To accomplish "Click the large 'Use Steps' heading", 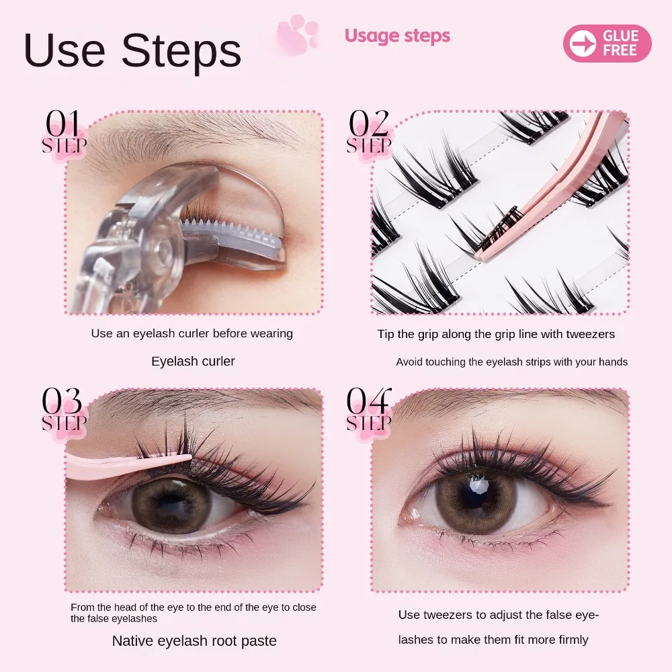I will tap(132, 51).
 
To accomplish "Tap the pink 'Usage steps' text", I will tap(397, 36).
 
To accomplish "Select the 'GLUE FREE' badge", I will tap(607, 43).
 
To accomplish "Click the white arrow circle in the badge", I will tap(582, 44).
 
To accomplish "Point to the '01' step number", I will tap(63, 124).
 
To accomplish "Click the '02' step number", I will tap(368, 124).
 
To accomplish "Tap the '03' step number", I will tap(63, 401).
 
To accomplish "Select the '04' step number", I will tap(368, 401).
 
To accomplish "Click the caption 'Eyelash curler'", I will tap(193, 362).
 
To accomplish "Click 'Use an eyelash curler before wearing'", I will tap(192, 333).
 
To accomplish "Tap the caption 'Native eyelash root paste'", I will tap(194, 641).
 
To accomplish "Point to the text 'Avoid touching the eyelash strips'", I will tap(511, 362).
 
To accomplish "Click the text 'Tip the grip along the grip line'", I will tap(496, 334).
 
